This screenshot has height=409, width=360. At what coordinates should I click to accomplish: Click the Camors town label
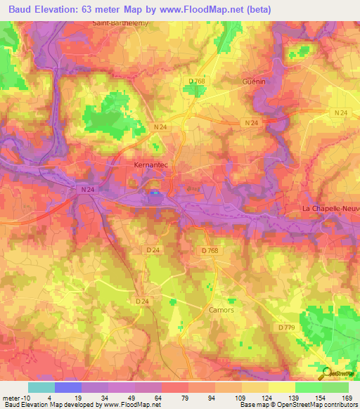click(221, 309)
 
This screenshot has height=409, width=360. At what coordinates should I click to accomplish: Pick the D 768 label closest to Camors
click(210, 251)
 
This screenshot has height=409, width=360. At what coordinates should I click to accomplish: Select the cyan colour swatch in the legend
click(41, 387)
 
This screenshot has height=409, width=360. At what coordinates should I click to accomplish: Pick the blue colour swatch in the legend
click(68, 387)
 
